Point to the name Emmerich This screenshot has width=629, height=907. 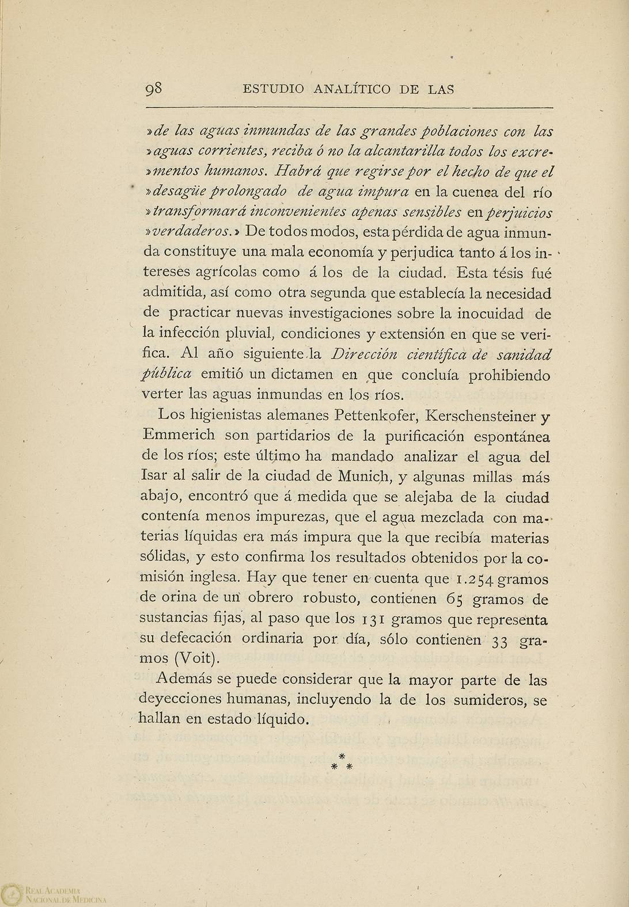177,436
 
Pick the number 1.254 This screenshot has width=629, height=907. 472,578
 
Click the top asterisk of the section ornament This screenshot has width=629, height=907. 342,756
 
